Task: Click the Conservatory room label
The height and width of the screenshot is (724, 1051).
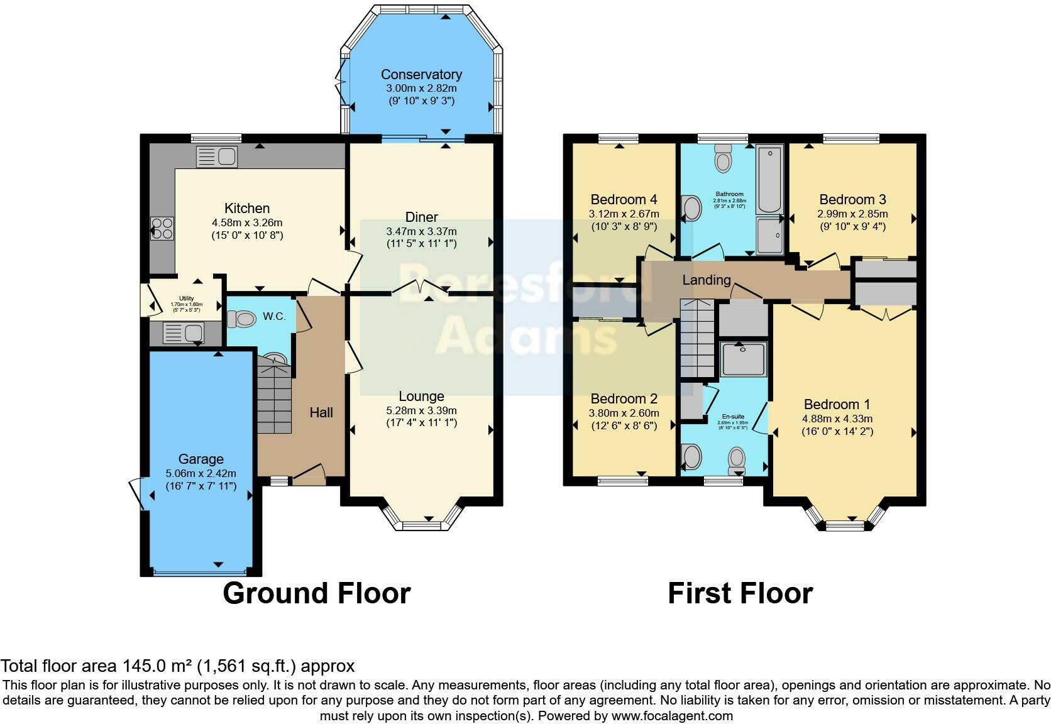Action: coord(421,75)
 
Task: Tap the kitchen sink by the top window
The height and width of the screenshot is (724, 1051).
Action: coord(216,156)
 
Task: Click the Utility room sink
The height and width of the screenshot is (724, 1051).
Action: coord(183,332)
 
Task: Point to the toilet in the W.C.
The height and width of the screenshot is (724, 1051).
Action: coord(242,319)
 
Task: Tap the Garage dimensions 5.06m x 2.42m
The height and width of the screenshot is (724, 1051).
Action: coord(201,473)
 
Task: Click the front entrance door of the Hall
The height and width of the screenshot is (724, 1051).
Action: coord(309,476)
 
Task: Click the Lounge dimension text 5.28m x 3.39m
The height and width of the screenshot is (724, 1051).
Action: coord(421,410)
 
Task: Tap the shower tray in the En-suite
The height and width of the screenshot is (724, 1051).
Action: coord(744,359)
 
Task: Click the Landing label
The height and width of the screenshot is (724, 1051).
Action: coord(707,280)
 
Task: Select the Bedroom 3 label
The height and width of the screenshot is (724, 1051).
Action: coord(852,200)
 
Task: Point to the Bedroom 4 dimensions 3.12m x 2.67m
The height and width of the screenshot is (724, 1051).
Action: coord(624,214)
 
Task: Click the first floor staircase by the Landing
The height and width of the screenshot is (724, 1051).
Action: coord(698,339)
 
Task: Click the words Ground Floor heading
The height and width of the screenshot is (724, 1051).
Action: coord(316,593)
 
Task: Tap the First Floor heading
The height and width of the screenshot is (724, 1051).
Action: coord(740,593)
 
